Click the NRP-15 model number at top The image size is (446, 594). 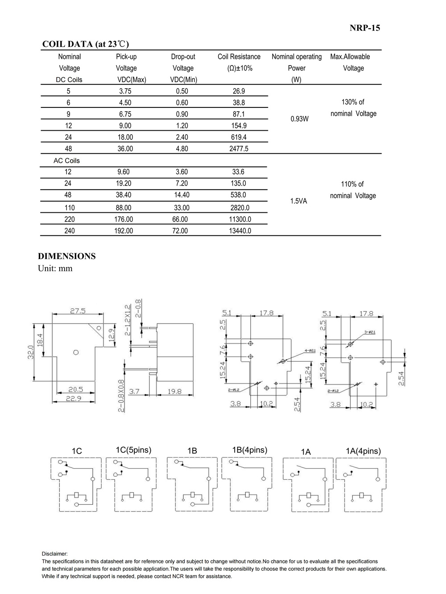click(364, 28)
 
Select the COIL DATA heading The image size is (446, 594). click(85, 44)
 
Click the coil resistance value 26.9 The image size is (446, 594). click(239, 91)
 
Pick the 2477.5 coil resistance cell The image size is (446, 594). click(239, 148)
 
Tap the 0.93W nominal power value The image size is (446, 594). click(299, 119)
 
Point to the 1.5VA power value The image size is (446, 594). click(298, 201)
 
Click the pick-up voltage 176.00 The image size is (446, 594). click(124, 219)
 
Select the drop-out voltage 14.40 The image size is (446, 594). click(182, 195)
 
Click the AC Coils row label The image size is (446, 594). click(66, 161)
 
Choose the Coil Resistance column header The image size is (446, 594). click(239, 57)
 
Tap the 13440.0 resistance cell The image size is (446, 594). click(240, 231)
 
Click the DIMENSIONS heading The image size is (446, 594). click(67, 256)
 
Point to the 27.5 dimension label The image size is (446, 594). click(78, 311)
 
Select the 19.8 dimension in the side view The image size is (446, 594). click(174, 391)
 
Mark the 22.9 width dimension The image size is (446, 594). click(74, 398)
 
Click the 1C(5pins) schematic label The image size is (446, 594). click(133, 450)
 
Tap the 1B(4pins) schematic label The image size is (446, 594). click(249, 450)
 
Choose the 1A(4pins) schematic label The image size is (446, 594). click(363, 451)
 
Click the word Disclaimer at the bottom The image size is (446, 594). click(54, 554)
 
